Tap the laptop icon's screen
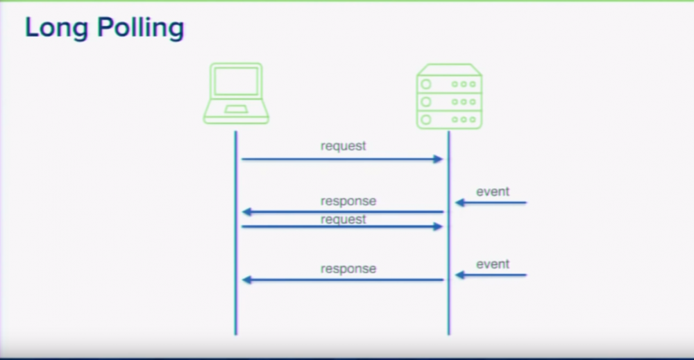[x=236, y=83]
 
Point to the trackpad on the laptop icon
[x=236, y=109]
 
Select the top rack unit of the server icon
[x=449, y=84]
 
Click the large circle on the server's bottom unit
[x=426, y=119]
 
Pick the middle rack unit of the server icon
[x=449, y=102]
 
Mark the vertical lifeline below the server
[x=449, y=305]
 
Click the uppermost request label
[x=343, y=146]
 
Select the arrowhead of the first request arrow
[x=439, y=160]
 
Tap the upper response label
[x=348, y=201]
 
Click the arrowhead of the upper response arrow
[x=246, y=212]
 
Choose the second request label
[x=343, y=219]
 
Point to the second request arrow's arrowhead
[x=439, y=227]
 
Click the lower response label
[x=348, y=268]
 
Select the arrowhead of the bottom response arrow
[x=246, y=280]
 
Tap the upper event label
[x=493, y=191]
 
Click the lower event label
[x=493, y=264]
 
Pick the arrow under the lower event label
[x=491, y=275]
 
